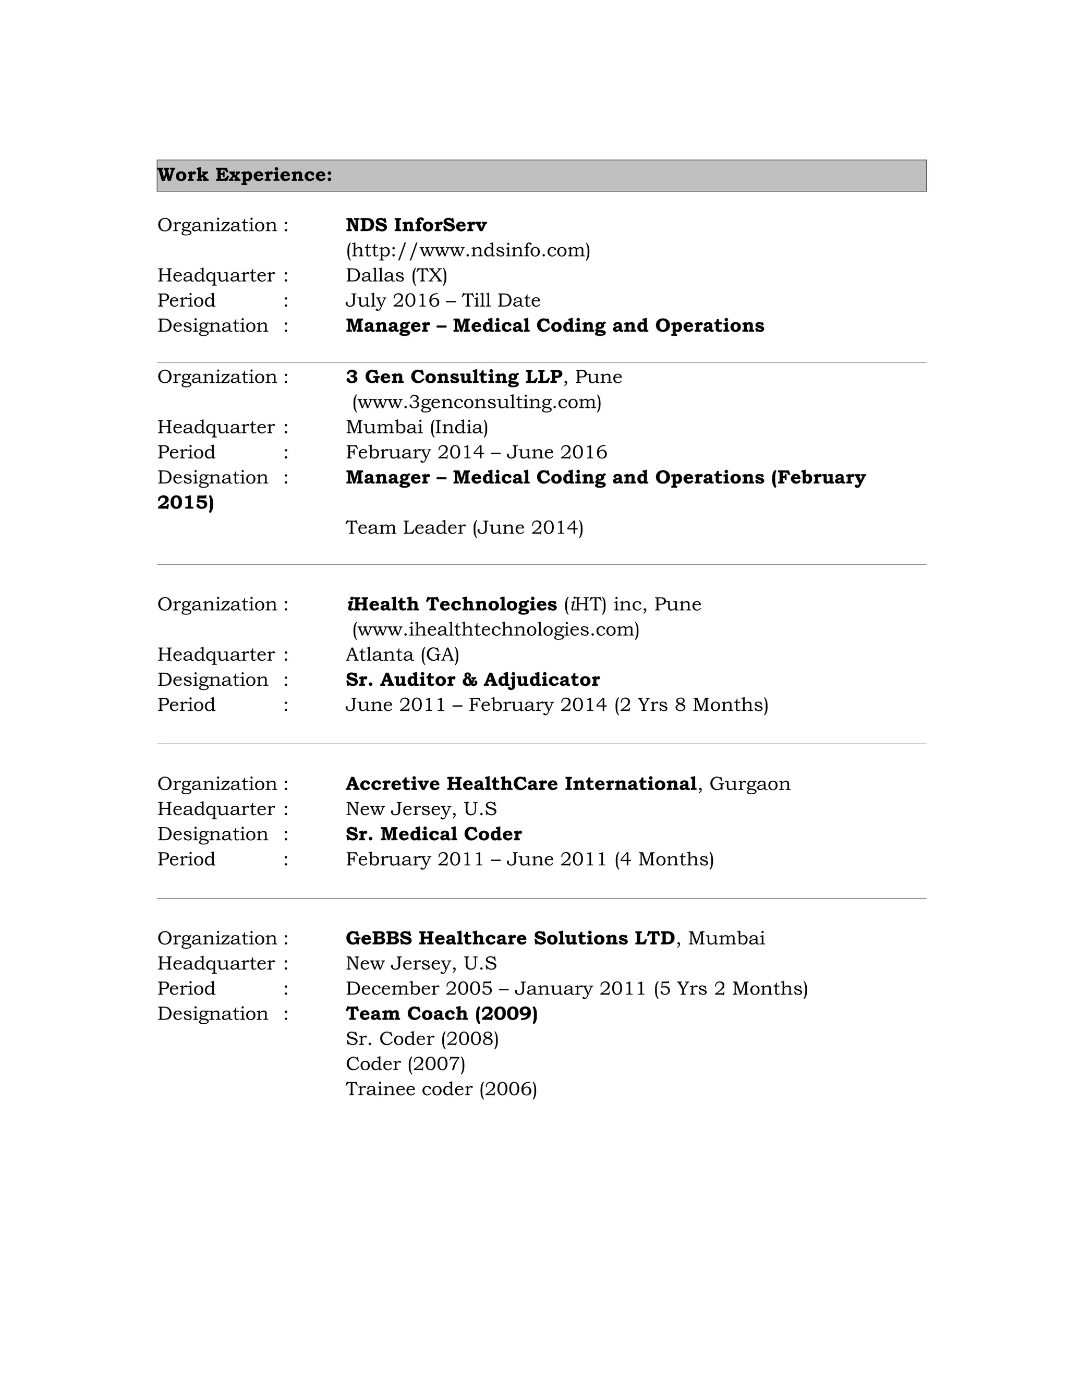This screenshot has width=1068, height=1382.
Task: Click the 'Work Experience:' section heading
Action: pyautogui.click(x=245, y=175)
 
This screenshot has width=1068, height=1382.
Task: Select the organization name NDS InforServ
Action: pyautogui.click(x=416, y=225)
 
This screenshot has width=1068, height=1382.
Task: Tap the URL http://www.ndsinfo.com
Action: pyautogui.click(x=468, y=250)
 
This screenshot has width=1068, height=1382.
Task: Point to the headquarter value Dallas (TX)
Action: pyautogui.click(x=396, y=275)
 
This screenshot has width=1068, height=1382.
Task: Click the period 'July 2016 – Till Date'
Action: pyautogui.click(x=443, y=300)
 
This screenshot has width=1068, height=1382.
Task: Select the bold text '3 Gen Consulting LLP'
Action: pyautogui.click(x=454, y=377)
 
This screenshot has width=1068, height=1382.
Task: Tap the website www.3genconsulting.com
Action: pyautogui.click(x=477, y=402)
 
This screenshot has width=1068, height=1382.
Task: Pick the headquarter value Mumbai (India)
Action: pyautogui.click(x=416, y=427)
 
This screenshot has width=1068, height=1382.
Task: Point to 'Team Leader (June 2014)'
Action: pyautogui.click(x=464, y=527)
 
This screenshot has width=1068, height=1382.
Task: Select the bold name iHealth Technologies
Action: pyautogui.click(x=451, y=604)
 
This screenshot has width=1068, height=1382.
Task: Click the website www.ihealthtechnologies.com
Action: pyautogui.click(x=495, y=629)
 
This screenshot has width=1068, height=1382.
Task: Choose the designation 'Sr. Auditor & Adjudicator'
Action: pyautogui.click(x=472, y=680)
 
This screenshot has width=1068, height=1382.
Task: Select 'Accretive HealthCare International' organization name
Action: pyautogui.click(x=521, y=783)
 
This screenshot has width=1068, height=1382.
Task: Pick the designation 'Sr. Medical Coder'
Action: pyautogui.click(x=433, y=834)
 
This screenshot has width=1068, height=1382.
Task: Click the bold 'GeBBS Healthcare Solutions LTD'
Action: pyautogui.click(x=510, y=938)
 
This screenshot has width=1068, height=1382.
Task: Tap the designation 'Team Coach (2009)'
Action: pyautogui.click(x=441, y=1013)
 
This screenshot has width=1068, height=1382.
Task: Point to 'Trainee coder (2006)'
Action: pyautogui.click(x=441, y=1088)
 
